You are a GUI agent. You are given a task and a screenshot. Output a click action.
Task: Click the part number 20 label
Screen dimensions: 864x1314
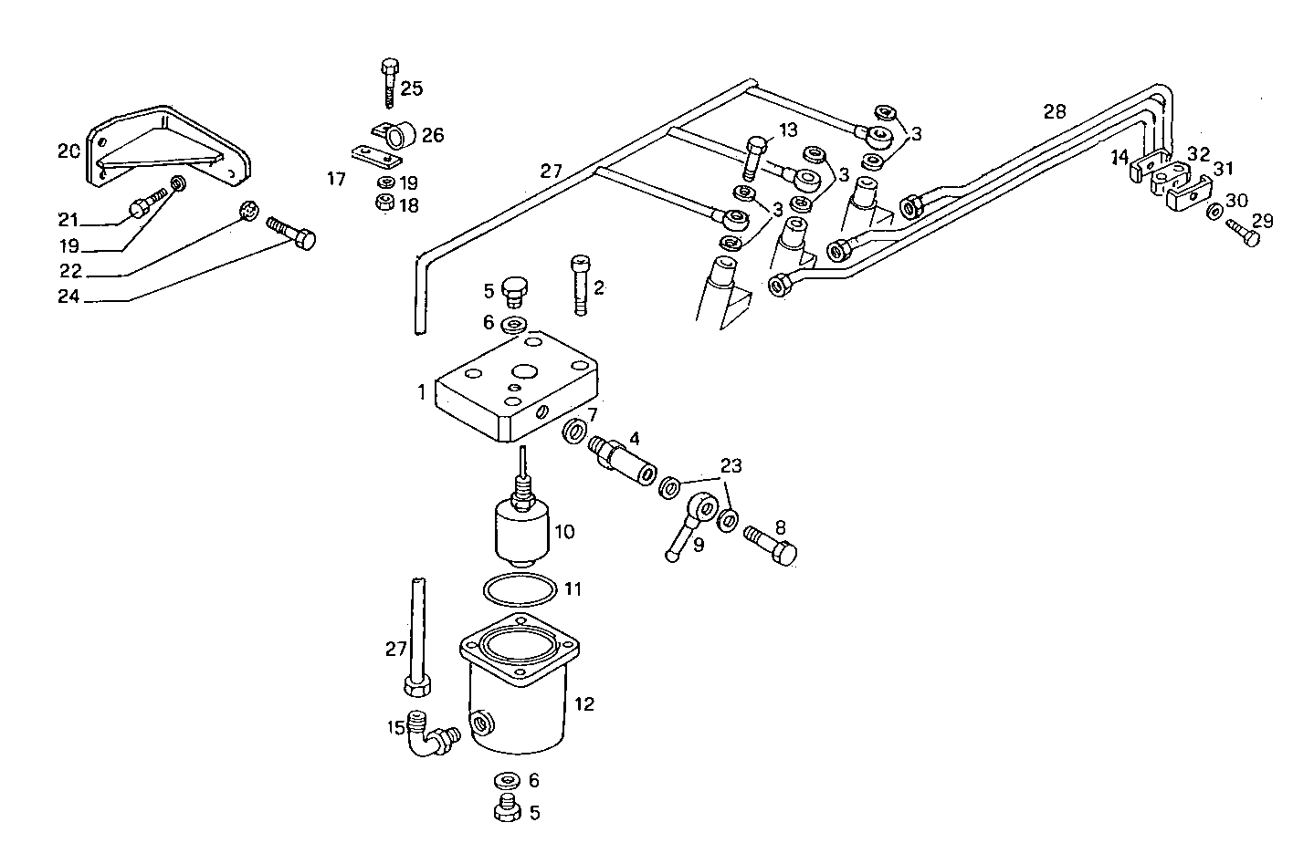pos(68,151)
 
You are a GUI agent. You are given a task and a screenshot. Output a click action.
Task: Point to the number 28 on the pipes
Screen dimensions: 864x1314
pos(1055,112)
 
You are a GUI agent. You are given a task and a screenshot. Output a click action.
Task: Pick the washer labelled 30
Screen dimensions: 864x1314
pos(1214,212)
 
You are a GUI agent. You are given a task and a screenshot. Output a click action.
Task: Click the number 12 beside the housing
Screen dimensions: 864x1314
pos(584,703)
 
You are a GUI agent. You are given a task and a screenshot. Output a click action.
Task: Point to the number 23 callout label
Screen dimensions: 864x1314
pos(731,466)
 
